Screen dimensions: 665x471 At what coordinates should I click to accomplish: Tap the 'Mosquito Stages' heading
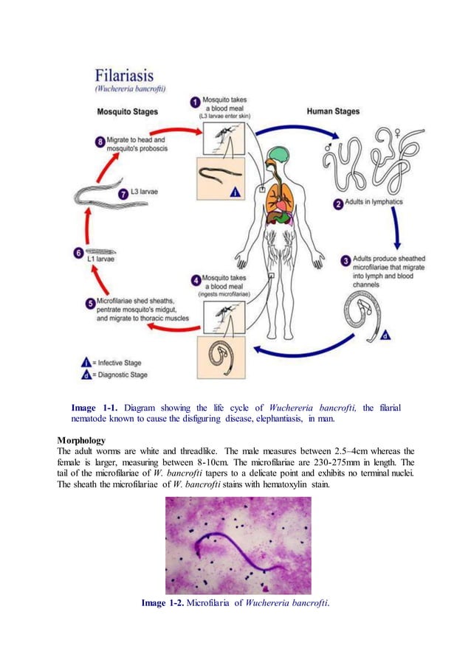[x=128, y=112]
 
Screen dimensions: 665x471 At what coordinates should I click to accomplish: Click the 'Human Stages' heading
[x=333, y=111]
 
